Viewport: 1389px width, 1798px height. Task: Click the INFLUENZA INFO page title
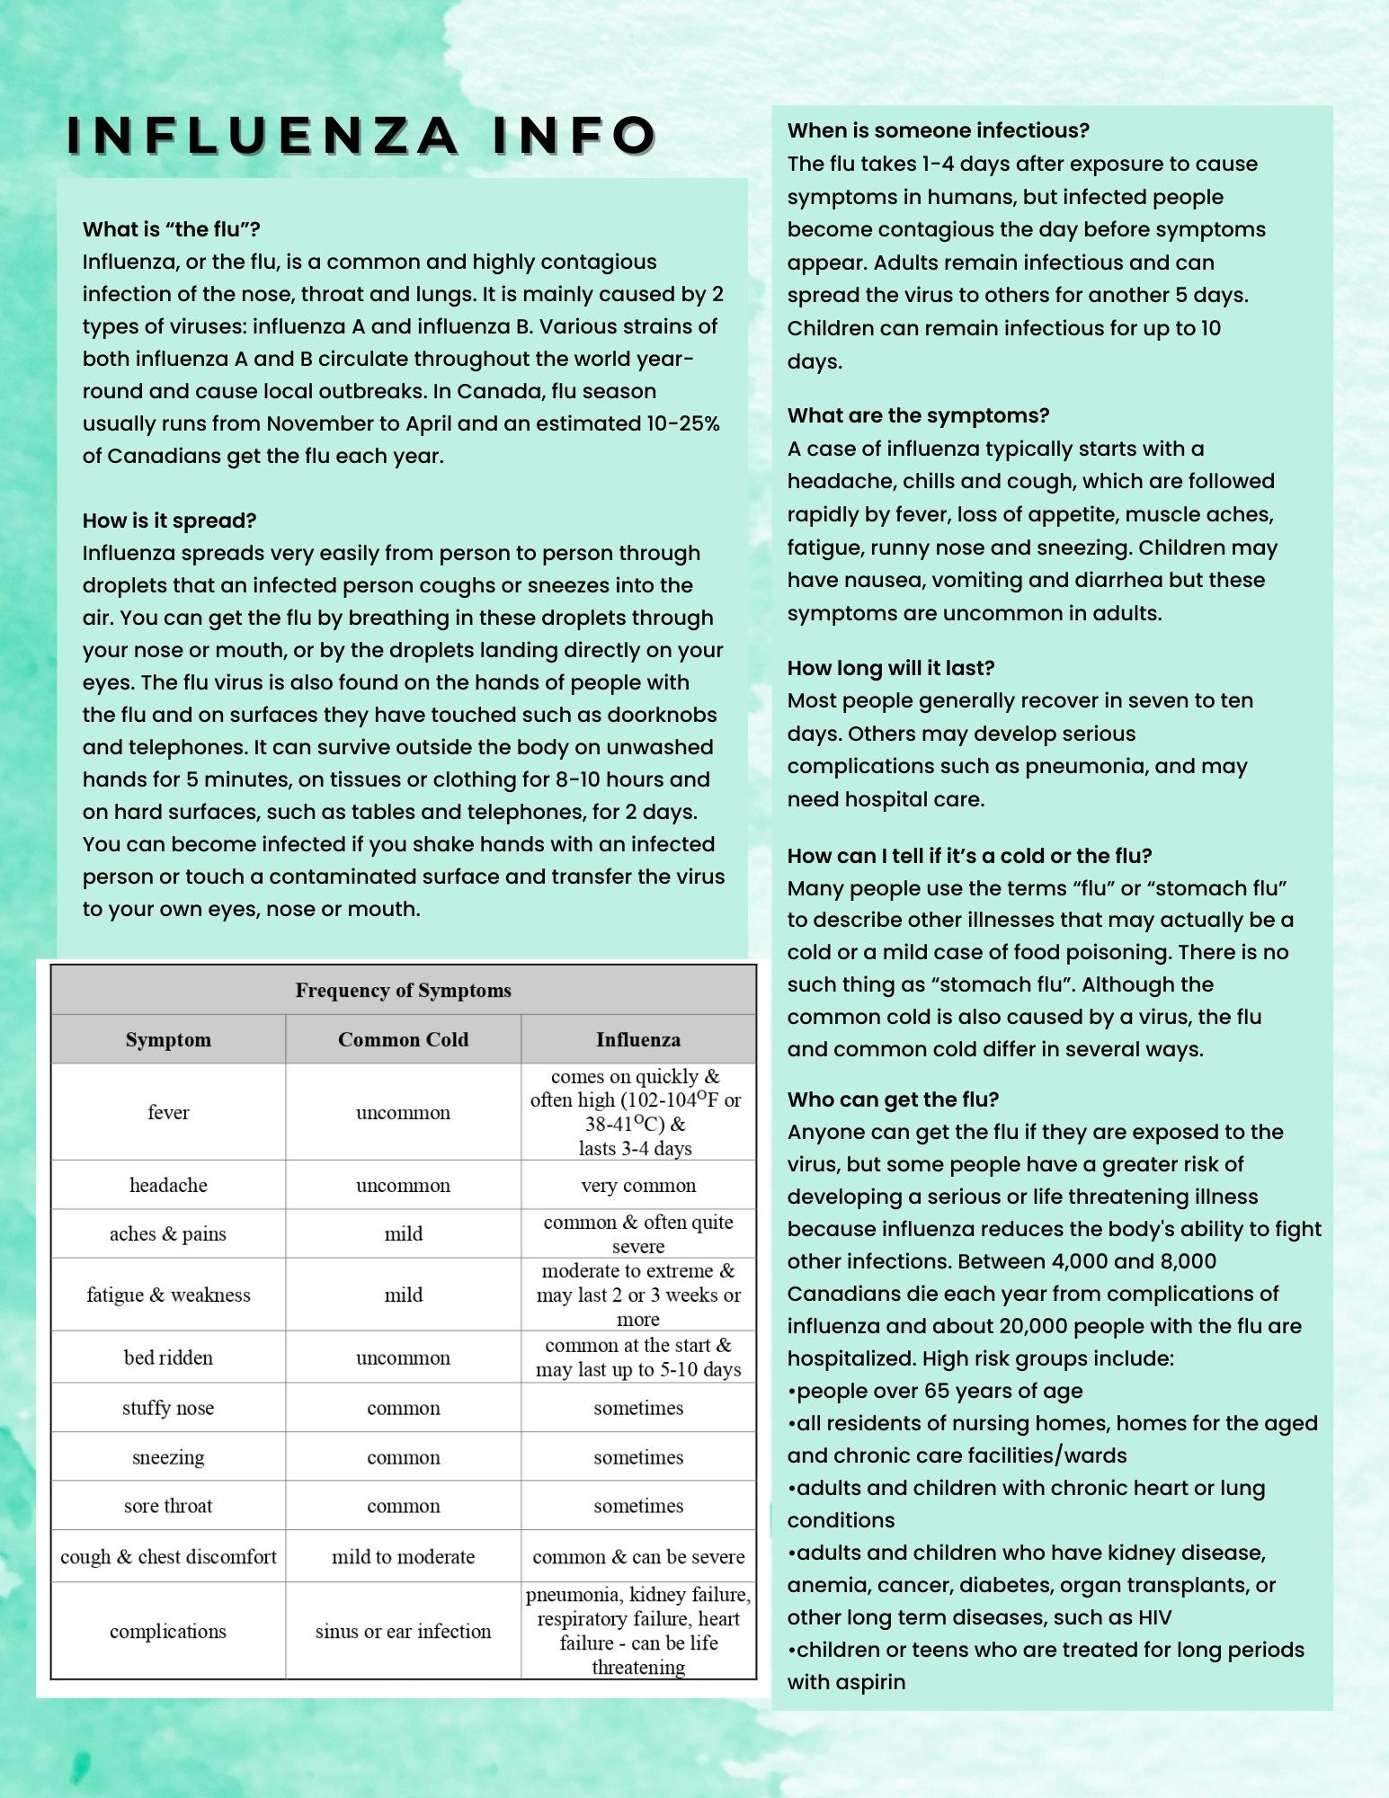click(x=362, y=135)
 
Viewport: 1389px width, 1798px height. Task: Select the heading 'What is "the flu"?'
click(x=171, y=229)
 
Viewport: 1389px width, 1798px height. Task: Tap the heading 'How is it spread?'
click(x=169, y=521)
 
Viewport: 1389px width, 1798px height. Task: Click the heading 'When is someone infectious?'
click(x=938, y=130)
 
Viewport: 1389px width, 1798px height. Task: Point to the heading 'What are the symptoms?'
click(x=918, y=415)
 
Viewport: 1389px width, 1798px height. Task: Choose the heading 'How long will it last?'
click(x=890, y=668)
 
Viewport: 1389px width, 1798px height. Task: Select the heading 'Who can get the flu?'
click(x=893, y=1099)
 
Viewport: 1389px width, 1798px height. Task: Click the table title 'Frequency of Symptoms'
click(x=403, y=991)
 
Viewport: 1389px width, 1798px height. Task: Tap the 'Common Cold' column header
click(x=403, y=1040)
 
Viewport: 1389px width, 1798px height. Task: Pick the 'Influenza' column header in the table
click(x=637, y=1040)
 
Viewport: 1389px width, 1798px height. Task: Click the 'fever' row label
click(x=168, y=1113)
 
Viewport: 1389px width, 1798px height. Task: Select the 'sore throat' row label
click(x=168, y=1506)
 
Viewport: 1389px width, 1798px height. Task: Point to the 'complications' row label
click(x=168, y=1632)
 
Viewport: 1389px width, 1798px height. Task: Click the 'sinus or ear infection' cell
click(x=403, y=1632)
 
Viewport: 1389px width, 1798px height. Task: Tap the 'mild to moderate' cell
click(x=403, y=1557)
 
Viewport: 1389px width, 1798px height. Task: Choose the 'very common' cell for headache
click(x=637, y=1186)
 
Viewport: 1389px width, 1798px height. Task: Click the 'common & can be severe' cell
click(x=637, y=1557)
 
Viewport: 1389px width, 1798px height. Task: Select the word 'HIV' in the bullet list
click(x=1154, y=1617)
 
